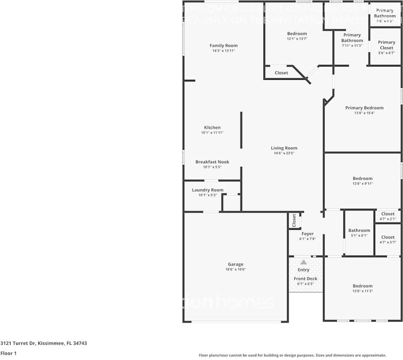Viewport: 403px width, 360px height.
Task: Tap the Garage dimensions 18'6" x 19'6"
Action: point(235,270)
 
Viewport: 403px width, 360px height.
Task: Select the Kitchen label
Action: point(212,127)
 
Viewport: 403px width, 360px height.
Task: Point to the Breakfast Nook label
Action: point(212,162)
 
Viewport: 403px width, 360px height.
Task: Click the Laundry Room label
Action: point(208,190)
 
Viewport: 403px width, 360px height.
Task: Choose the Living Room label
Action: point(284,148)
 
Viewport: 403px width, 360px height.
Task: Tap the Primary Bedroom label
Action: point(364,108)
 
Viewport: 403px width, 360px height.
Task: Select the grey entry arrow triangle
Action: point(303,262)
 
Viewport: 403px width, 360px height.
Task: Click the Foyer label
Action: point(307,234)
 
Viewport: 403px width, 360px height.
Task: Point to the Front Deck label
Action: point(305,279)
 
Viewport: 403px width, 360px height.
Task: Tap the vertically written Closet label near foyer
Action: point(294,221)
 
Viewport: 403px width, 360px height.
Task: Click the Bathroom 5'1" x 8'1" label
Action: point(359,231)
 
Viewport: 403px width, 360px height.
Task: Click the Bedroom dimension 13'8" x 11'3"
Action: point(362,291)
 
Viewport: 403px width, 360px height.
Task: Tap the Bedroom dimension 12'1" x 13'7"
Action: point(297,39)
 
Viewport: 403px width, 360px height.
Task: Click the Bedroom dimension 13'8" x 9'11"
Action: point(362,183)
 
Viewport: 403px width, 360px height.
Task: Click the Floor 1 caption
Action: point(8,354)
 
